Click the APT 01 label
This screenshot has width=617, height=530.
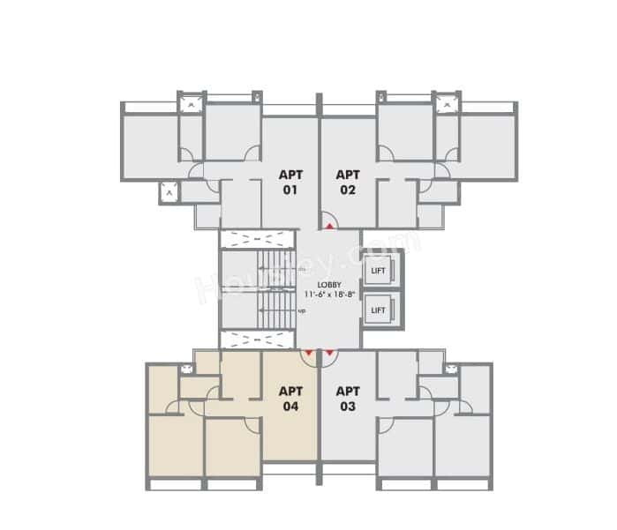coord(290,182)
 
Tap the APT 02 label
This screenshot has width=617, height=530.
coord(348,182)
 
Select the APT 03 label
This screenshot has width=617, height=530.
coord(348,399)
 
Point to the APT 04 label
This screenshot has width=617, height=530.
coord(290,399)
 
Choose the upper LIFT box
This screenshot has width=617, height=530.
coord(378,270)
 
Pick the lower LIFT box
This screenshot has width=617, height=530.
coord(378,310)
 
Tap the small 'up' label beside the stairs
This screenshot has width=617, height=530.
coord(302,310)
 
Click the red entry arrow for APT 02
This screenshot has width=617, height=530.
coord(329,226)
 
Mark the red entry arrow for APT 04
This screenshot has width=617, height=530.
coord(308,354)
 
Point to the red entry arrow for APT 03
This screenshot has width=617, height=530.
coord(329,354)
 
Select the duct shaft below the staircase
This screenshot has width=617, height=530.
coord(256,340)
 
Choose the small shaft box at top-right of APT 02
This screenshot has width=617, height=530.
coord(447,104)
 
